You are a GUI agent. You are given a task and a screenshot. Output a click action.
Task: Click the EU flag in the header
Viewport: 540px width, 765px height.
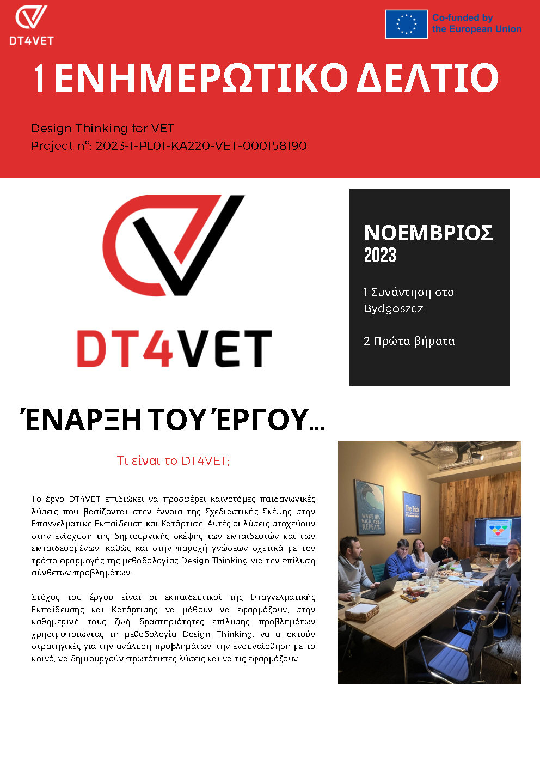click(406, 24)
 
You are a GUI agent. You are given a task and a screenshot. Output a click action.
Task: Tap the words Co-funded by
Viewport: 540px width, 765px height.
click(462, 17)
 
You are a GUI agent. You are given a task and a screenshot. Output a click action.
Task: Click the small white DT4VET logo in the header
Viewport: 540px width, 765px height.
click(32, 25)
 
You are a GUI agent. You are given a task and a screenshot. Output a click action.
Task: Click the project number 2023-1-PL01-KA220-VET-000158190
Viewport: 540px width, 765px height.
click(201, 146)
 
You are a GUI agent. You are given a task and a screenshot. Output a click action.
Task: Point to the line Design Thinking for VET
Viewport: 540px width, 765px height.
click(102, 129)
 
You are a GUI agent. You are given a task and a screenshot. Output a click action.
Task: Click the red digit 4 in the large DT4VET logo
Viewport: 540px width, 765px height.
click(156, 349)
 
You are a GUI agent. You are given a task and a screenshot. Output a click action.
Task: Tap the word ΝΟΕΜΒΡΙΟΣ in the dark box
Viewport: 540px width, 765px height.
click(428, 233)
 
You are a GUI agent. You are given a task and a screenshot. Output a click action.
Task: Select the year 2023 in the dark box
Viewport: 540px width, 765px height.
click(380, 255)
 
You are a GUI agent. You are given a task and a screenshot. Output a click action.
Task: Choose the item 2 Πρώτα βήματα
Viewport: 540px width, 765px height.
click(409, 341)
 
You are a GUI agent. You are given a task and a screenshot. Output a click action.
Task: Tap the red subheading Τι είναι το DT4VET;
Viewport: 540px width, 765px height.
click(173, 461)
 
